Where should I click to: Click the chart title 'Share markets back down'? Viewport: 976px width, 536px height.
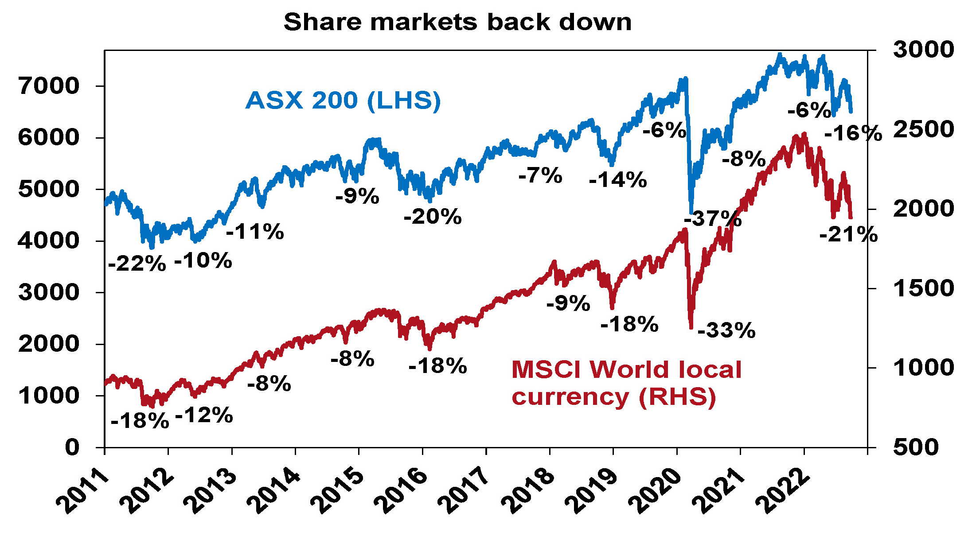coord(457,22)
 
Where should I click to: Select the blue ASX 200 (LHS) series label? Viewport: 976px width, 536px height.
coord(343,101)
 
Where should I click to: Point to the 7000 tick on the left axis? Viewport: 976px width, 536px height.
coord(49,86)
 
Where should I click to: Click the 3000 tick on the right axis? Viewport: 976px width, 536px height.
coord(923,50)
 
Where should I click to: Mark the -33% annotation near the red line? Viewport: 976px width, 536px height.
coord(726,330)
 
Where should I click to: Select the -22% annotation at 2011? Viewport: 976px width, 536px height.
coord(137,264)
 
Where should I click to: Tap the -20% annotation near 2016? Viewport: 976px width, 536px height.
coord(433,217)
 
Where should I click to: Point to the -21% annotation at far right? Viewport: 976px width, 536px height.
coord(848,234)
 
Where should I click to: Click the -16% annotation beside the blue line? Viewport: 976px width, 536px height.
coord(853,133)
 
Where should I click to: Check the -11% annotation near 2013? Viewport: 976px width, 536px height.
coord(255,232)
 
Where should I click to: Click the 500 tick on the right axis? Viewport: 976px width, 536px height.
coord(916,447)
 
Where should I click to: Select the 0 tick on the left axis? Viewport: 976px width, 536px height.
coord(72,448)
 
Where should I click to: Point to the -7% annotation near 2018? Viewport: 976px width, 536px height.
coord(540,176)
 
